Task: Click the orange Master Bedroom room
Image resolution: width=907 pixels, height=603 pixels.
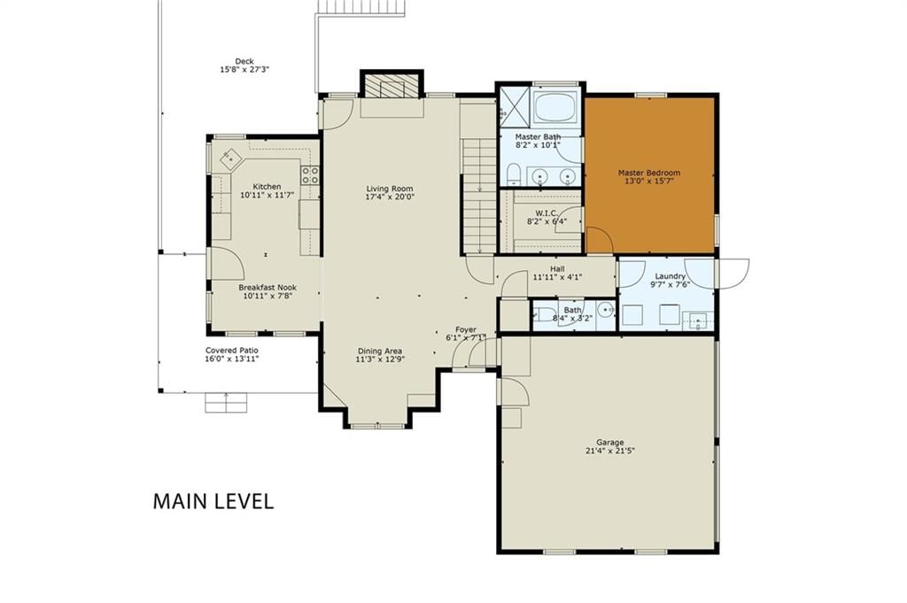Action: coord(649,175)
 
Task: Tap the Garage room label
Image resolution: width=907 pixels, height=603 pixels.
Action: coord(610,442)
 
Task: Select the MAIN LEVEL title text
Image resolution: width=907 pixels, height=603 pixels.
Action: coord(213,501)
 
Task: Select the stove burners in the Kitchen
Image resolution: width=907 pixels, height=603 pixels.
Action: coord(311,175)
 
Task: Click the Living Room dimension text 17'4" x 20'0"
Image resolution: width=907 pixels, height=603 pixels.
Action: coord(390,197)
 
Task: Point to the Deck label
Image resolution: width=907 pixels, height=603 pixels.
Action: coord(244,61)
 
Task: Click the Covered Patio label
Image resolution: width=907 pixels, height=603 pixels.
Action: coord(232,351)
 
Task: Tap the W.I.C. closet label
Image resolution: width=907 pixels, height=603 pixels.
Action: coord(547,213)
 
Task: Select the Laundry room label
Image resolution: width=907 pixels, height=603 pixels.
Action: coord(670,276)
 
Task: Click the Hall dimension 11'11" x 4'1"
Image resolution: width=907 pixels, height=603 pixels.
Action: coord(558,277)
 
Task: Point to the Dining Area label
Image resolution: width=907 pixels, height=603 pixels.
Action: coord(379,351)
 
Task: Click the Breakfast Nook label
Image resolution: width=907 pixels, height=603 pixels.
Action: coord(267,288)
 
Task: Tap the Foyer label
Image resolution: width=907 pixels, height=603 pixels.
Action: coord(466,329)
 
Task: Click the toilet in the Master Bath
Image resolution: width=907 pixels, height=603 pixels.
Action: coord(513,174)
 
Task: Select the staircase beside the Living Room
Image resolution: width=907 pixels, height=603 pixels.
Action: coord(479,197)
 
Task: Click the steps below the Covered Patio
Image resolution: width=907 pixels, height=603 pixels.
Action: coord(226,402)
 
